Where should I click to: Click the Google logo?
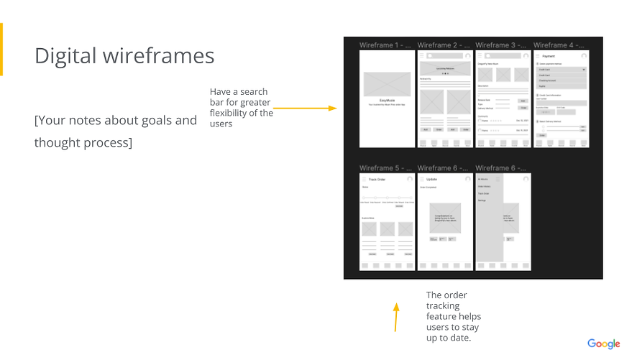click(x=603, y=343)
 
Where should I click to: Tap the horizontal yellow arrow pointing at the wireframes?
click(x=305, y=109)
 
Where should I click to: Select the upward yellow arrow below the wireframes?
click(x=395, y=317)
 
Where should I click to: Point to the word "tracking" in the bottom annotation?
click(x=443, y=306)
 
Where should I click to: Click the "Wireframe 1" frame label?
click(x=387, y=45)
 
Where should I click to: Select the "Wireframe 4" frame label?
click(x=561, y=45)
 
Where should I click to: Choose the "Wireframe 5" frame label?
click(x=387, y=168)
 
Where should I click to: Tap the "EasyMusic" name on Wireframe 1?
click(x=388, y=100)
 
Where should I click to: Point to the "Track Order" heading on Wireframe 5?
click(x=377, y=179)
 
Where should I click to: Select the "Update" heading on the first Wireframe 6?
click(x=431, y=179)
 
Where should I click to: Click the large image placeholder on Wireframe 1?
click(x=388, y=84)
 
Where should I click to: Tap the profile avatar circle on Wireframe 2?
click(x=468, y=55)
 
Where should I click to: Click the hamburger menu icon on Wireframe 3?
click(x=480, y=55)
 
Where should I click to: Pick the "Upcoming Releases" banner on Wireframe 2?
click(x=445, y=69)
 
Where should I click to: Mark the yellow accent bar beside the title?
click(x=1, y=49)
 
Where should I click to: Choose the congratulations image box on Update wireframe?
click(x=445, y=217)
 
